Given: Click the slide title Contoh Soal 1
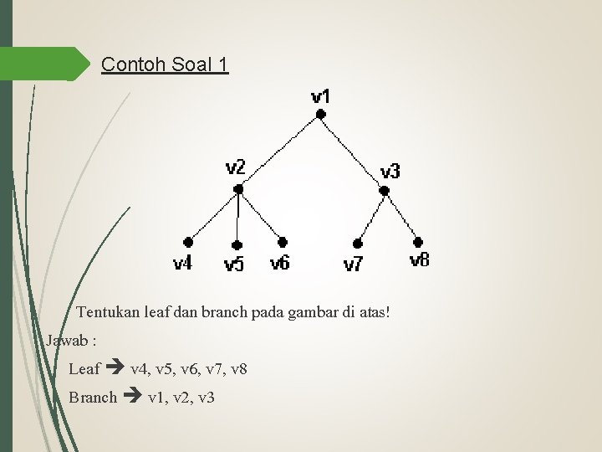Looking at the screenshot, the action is point(163,64).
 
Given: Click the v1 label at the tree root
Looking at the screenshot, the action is point(320,96).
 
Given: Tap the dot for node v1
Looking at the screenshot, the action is point(320,117).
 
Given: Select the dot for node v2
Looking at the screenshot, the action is point(238,190).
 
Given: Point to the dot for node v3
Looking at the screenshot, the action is point(385,191).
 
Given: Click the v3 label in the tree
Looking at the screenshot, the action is point(390,172).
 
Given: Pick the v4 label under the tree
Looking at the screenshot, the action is point(182,264).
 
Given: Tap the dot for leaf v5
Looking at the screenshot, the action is point(237,245).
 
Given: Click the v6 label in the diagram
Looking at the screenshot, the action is point(280,263).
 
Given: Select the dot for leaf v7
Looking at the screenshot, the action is point(358,244).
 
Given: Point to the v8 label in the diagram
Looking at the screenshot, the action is point(420,259).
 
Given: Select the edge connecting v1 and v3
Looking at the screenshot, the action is point(352,154).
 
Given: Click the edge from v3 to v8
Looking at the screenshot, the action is point(401,215).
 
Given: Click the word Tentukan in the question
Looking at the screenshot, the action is point(105,313).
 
